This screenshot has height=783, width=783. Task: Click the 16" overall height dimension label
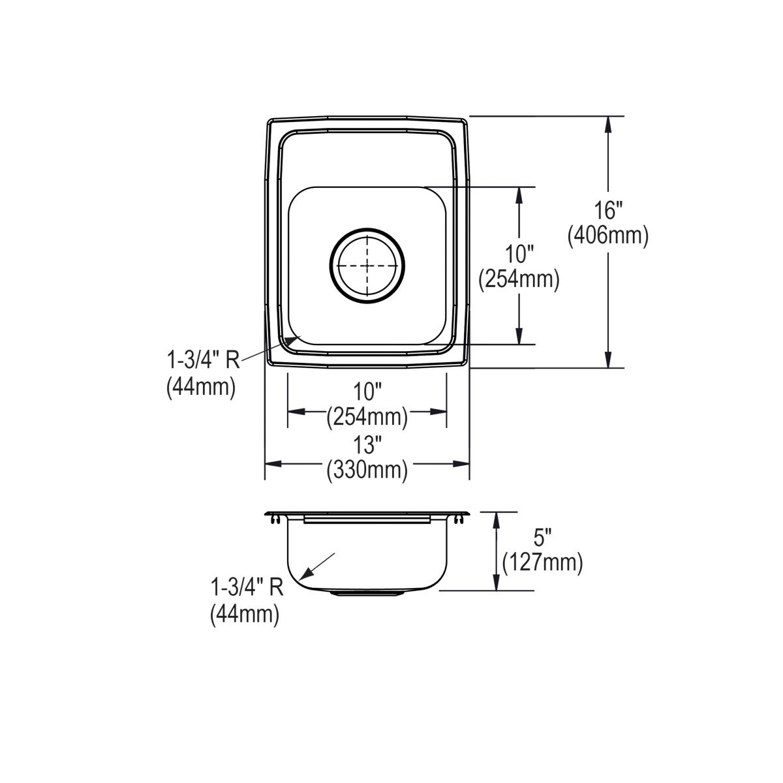[608, 211]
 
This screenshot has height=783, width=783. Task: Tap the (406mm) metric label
[608, 236]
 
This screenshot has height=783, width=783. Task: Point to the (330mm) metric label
[367, 470]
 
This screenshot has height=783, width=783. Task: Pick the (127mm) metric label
[542, 563]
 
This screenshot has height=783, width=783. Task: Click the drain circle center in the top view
[367, 266]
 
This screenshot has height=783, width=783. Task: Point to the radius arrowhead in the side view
[306, 573]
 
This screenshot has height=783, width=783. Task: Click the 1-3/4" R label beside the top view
[204, 360]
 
